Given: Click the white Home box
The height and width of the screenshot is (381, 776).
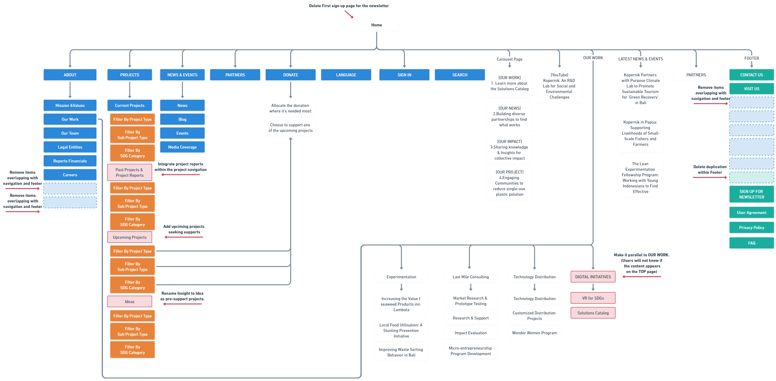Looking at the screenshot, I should tap(376, 25).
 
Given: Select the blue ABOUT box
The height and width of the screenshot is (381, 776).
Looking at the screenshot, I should tap(70, 75).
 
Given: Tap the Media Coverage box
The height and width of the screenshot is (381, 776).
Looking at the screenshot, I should tap(182, 147).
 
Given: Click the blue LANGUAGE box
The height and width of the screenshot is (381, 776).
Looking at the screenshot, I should tap(346, 75).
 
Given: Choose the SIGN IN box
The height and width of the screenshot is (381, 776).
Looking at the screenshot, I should tap(404, 75).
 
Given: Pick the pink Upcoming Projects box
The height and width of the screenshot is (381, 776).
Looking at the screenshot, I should tap(129, 237).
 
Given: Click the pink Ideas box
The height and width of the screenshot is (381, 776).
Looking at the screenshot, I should tap(129, 301).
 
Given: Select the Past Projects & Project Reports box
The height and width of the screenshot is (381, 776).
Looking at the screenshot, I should tap(129, 172).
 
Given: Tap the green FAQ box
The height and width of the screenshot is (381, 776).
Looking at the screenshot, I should tap(751, 243).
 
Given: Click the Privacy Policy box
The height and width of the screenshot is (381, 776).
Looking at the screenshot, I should tap(751, 228).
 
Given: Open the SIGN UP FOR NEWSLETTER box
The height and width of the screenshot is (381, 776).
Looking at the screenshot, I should tap(751, 194).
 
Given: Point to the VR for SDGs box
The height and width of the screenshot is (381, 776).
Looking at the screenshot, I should tap(593, 298).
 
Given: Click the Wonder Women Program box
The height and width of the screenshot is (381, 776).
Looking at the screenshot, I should tap(534, 333).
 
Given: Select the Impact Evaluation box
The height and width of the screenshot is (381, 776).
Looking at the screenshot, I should tap(471, 333).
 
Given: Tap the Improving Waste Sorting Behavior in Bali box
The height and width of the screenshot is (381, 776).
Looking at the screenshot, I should tap(401, 352).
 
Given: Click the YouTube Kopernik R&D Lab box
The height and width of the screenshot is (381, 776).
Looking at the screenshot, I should tap(559, 86).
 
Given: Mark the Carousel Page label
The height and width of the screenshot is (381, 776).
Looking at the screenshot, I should tap(509, 59).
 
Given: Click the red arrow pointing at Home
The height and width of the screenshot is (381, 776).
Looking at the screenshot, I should tap(349, 14).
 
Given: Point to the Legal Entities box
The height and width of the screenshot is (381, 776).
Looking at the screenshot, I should tap(70, 147).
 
